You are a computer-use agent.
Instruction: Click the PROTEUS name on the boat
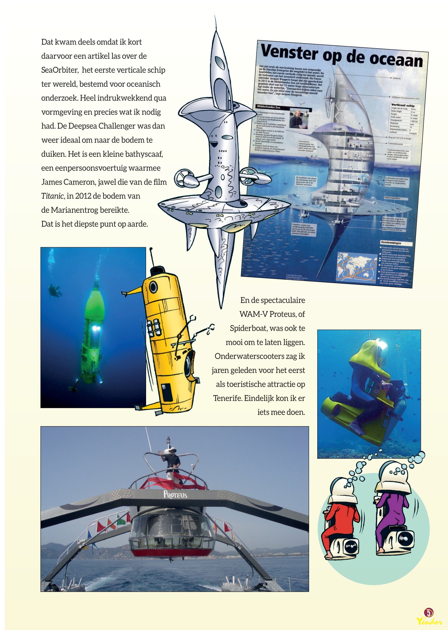(x=175, y=494)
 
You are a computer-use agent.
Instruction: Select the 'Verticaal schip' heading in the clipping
(x=403, y=106)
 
